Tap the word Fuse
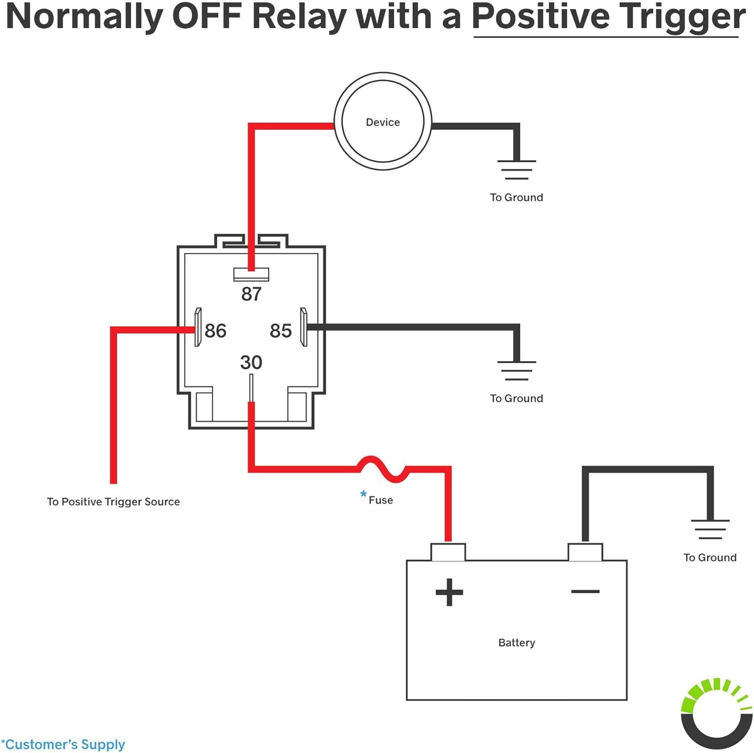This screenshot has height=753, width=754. point(381,500)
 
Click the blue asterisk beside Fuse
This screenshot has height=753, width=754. point(363,494)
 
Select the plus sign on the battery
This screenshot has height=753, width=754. point(449,592)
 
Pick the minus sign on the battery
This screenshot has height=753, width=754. point(585,591)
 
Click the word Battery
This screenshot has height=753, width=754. point(517,642)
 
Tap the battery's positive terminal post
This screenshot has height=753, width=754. point(448,552)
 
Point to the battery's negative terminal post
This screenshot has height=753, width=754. point(585,552)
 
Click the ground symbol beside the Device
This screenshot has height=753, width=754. point(517,170)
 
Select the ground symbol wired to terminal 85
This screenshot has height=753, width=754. point(517,371)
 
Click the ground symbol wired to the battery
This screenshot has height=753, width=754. point(710,529)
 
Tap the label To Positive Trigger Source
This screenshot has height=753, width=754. point(113,502)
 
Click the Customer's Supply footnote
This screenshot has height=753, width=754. point(63,744)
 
